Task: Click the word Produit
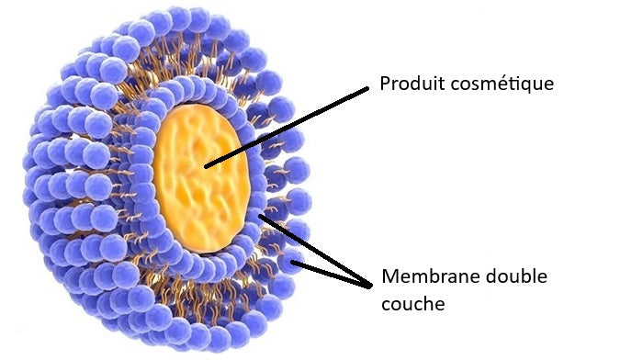409,84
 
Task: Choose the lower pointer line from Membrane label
335,273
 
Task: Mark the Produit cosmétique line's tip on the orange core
206,166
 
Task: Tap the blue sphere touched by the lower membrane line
293,264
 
